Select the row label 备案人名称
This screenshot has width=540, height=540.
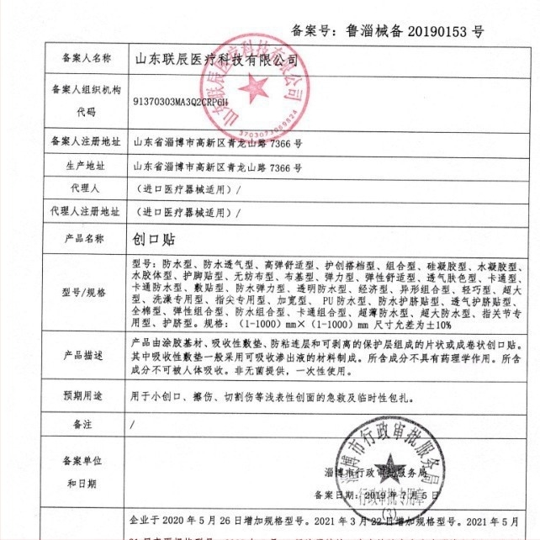click(87, 59)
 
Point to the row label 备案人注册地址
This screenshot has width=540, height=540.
click(87, 142)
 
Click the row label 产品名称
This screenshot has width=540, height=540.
click(87, 238)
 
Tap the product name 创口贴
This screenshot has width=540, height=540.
click(152, 238)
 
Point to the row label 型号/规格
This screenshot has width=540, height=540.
click(87, 292)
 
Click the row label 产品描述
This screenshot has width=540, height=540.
click(87, 357)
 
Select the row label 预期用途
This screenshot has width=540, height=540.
click(87, 394)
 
